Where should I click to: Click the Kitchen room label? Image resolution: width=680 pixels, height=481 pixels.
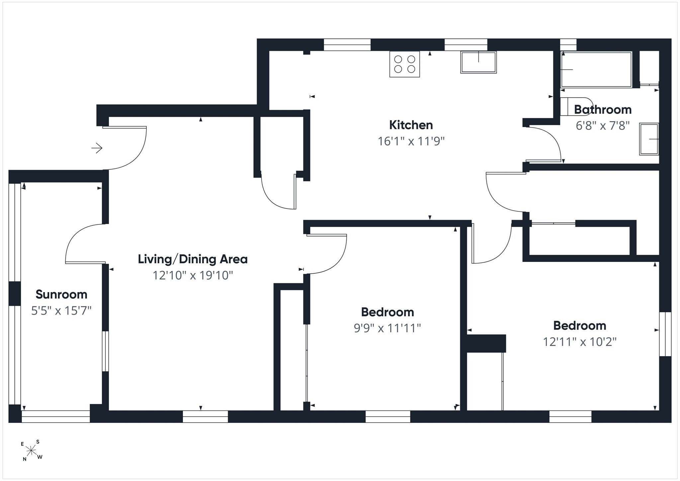(x=411, y=125)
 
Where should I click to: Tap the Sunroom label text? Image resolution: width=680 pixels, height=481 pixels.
(x=61, y=294)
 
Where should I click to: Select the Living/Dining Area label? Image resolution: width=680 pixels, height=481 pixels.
(x=193, y=259)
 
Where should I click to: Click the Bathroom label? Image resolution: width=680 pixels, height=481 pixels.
(x=603, y=110)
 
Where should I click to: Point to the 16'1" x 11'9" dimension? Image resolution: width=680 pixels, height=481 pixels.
(x=411, y=141)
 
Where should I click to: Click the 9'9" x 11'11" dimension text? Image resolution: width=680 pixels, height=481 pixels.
(x=387, y=328)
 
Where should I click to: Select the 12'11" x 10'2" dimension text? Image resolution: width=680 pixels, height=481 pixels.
(x=579, y=342)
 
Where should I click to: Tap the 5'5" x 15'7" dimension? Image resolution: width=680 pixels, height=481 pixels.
(x=61, y=311)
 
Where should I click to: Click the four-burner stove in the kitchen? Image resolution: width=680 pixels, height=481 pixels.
(x=404, y=64)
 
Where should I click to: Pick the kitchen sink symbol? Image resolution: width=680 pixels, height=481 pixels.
(x=478, y=62)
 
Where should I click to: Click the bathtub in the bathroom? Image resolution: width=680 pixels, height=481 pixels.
(x=596, y=69)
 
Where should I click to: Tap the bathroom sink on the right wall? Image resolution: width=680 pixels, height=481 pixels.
(x=649, y=139)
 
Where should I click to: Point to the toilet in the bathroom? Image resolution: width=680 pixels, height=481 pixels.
(x=576, y=106)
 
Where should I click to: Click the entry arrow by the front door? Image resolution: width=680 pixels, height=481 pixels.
(x=97, y=148)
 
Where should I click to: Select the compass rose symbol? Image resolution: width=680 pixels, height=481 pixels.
(x=32, y=450)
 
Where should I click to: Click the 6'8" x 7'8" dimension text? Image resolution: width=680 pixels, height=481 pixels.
(x=603, y=126)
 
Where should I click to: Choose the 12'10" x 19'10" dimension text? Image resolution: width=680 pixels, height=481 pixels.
(x=193, y=276)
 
